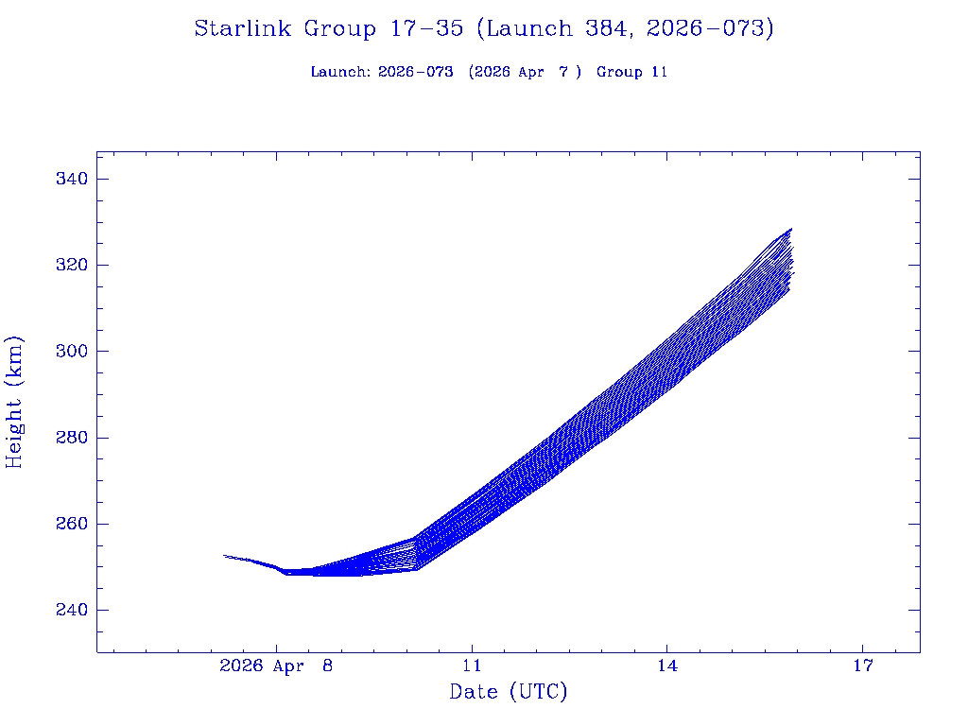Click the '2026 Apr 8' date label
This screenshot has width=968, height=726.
[x=276, y=665]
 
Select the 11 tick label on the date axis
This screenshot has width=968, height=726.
[x=472, y=665]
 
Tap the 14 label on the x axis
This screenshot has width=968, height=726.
[x=667, y=665]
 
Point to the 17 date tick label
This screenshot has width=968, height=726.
[x=862, y=665]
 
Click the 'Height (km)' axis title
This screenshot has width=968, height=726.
[x=14, y=402]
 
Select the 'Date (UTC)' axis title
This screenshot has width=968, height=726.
[x=509, y=693]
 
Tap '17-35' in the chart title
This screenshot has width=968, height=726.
[x=426, y=28]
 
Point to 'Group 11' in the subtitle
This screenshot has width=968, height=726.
[x=632, y=72]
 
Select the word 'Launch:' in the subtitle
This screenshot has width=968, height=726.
[x=340, y=72]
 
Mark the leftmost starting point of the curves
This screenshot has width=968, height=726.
[x=224, y=555]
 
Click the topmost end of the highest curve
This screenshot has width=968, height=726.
[x=791, y=229]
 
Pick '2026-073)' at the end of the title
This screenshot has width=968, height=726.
[x=710, y=28]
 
